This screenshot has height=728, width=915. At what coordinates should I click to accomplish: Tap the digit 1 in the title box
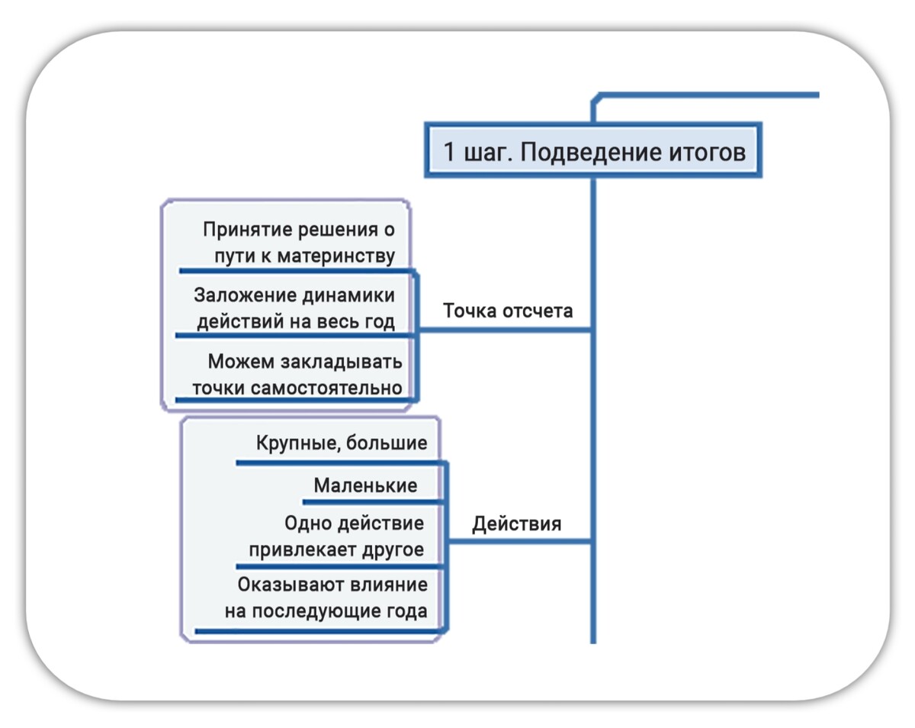pyautogui.click(x=449, y=152)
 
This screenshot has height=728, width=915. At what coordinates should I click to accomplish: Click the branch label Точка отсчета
pyautogui.click(x=508, y=311)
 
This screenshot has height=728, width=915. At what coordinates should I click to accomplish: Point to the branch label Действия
pyautogui.click(x=517, y=523)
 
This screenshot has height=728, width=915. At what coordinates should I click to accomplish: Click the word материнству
pyautogui.click(x=336, y=256)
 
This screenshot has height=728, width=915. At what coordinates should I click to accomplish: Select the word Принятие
pyautogui.click(x=248, y=230)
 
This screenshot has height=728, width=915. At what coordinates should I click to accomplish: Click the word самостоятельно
pyautogui.click(x=326, y=388)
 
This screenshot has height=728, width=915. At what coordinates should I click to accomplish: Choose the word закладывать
pyautogui.click(x=341, y=362)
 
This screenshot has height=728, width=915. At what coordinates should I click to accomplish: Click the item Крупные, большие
pyautogui.click(x=342, y=443)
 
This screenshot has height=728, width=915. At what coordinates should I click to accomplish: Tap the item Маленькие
pyautogui.click(x=365, y=485)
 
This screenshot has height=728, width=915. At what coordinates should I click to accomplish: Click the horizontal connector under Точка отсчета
pyautogui.click(x=505, y=330)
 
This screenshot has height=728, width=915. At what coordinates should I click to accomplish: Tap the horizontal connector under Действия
pyautogui.click(x=519, y=541)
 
